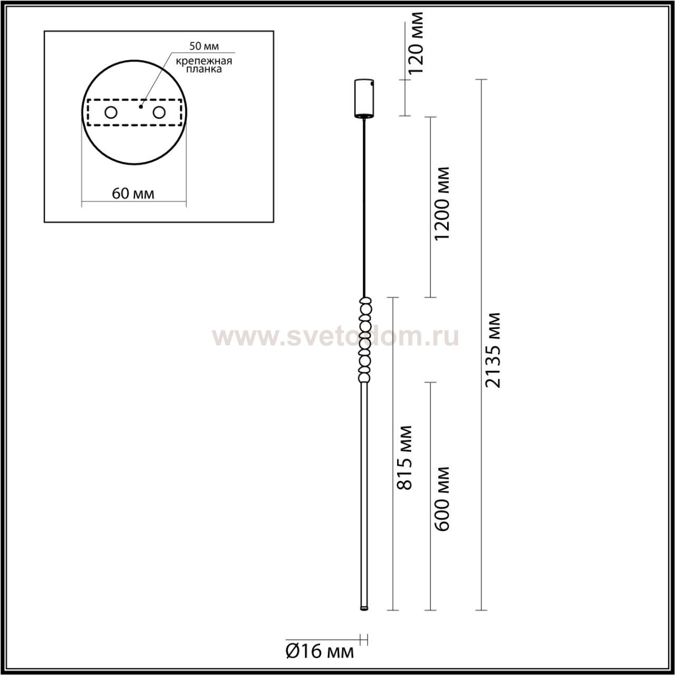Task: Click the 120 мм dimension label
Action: pos(416,43)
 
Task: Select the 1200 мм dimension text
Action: pos(441,204)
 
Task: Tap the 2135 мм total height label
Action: pos(493,350)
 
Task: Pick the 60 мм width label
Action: pos(133,193)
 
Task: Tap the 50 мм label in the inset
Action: pos(204,46)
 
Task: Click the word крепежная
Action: pos(204,61)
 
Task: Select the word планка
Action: pos(204,69)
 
